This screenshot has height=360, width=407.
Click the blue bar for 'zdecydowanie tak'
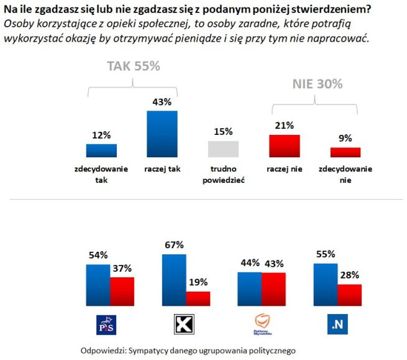tap(101, 150)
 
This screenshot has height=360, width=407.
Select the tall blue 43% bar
tap(162, 134)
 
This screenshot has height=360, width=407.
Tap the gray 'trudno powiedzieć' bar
tap(223, 149)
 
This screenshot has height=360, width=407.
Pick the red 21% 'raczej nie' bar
tap(284, 145)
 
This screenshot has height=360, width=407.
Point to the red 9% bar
tap(345, 152)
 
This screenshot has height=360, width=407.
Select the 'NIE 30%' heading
tap(318, 84)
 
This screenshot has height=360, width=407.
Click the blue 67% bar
tap(174, 279)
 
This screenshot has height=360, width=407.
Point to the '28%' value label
tap(349, 274)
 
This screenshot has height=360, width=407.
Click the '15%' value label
tap(223, 132)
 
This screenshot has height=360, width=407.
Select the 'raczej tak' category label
tap(162, 168)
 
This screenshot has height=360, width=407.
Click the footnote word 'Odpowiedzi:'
tap(103, 350)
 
